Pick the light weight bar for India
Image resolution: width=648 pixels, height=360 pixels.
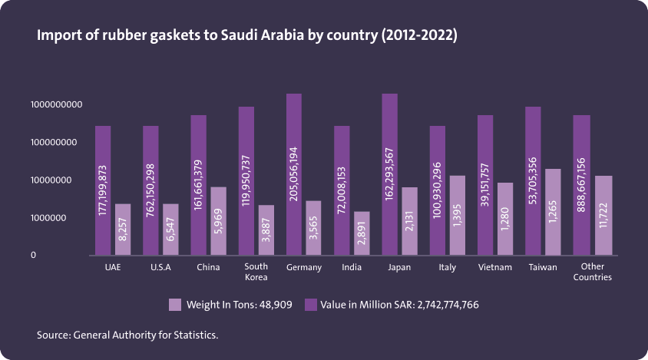tap(362, 233)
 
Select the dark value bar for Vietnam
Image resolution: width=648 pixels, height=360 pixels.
tap(485, 185)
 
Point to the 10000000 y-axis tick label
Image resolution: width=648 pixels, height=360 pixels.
tap(55, 180)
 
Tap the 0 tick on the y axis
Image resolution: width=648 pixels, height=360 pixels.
tap(33, 255)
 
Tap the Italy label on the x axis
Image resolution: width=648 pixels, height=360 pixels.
tap(447, 267)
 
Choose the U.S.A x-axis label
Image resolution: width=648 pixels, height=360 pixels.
tap(160, 267)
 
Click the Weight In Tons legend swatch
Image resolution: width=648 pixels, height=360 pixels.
tap(174, 305)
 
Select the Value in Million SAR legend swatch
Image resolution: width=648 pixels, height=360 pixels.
tap(311, 305)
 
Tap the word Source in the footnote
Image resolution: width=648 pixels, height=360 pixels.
tap(52, 335)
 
